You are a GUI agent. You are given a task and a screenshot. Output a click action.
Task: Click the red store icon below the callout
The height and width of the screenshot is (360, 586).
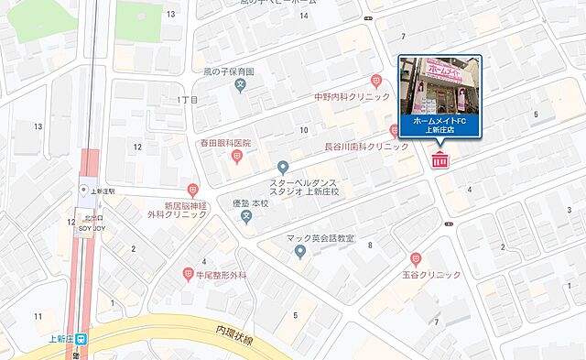(x=439, y=162)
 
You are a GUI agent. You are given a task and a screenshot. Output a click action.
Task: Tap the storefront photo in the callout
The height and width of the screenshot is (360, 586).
(x=439, y=85)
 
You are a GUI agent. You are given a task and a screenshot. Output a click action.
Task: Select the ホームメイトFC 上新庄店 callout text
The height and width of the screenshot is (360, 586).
(x=439, y=126)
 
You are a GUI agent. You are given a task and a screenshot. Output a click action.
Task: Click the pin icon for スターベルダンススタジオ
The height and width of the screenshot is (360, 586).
(x=283, y=167)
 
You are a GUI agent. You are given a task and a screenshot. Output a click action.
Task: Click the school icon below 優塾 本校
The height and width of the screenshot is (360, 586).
(x=245, y=216)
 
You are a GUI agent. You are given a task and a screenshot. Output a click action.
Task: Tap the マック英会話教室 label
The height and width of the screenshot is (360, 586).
(x=319, y=238)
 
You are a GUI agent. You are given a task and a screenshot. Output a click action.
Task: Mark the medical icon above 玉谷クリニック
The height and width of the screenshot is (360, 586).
(x=417, y=259)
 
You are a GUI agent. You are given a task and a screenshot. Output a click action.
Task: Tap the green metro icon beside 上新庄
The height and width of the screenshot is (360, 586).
(x=81, y=338)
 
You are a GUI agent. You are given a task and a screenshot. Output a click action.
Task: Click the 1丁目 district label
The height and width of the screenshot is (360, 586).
(x=187, y=99)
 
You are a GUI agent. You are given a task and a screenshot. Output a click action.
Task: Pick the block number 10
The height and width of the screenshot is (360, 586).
(x=302, y=130)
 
